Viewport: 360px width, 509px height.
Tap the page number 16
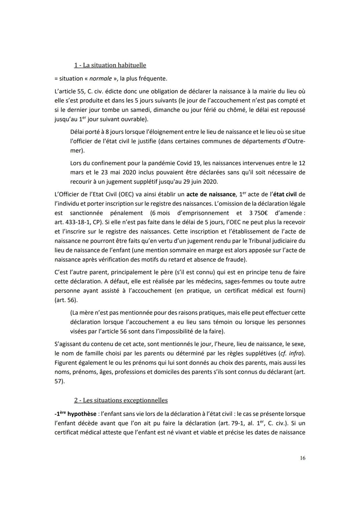[302, 458]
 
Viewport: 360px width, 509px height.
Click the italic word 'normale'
[100, 79]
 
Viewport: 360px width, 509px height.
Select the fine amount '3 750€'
[259, 213]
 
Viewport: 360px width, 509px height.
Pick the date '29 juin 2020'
[201, 182]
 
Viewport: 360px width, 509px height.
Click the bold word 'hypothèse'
[82, 414]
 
